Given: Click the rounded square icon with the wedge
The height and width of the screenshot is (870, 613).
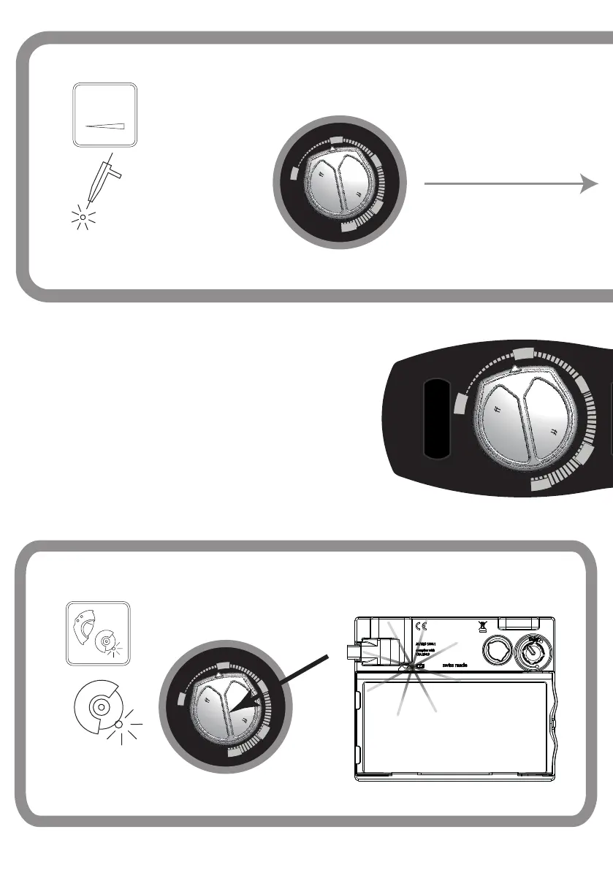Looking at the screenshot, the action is (105, 115).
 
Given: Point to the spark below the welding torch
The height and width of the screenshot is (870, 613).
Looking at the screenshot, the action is (83, 217).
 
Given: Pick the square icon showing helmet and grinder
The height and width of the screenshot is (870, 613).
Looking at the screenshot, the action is (98, 633).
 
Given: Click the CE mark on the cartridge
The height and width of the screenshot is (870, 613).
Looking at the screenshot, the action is (419, 626).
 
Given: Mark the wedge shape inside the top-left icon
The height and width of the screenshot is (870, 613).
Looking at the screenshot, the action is (107, 125).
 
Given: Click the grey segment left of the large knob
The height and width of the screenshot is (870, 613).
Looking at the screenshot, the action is (460, 404).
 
